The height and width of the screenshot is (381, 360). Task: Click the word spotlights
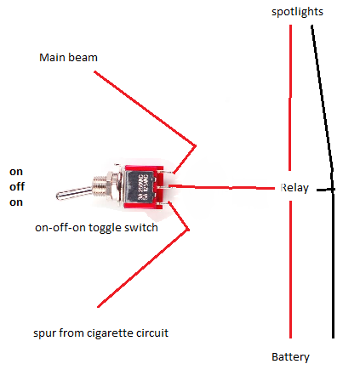(297, 12)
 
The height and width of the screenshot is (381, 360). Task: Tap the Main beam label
(68, 58)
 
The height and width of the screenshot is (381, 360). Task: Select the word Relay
(294, 188)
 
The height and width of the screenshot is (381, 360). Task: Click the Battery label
(290, 357)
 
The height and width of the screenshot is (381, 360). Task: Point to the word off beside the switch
(17, 187)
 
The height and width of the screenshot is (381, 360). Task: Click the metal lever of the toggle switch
(74, 193)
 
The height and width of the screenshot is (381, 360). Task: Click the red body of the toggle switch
(143, 187)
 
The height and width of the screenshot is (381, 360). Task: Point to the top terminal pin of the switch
(168, 172)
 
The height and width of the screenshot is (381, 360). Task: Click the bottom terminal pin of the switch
(166, 203)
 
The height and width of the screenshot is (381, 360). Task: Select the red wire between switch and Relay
(222, 187)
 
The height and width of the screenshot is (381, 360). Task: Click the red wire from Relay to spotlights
(290, 98)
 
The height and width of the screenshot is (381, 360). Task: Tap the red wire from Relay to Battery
(290, 270)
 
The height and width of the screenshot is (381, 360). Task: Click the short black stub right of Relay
(325, 190)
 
